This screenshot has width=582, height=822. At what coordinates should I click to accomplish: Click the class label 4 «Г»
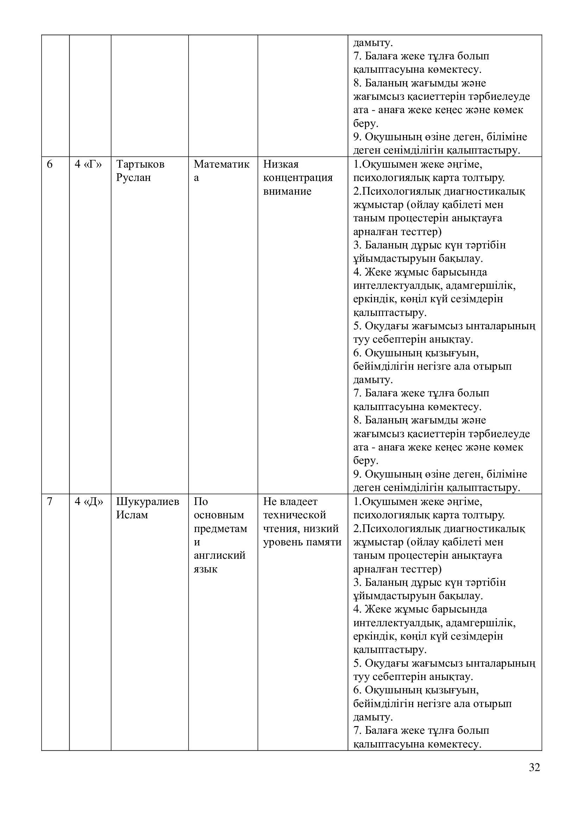(x=88, y=164)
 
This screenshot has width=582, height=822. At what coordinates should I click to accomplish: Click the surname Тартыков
(x=140, y=164)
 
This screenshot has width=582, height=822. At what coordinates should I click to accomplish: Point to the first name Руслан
(x=134, y=178)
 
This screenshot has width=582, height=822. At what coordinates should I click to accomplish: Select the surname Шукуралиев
(x=148, y=501)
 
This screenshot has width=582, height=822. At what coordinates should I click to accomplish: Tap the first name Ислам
(x=132, y=515)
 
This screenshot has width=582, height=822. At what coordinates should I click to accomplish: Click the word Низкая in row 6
(x=280, y=164)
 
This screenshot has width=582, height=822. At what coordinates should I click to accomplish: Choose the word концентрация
(x=298, y=178)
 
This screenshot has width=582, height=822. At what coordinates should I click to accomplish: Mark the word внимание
(x=287, y=191)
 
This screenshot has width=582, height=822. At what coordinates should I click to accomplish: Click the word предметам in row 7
(x=220, y=529)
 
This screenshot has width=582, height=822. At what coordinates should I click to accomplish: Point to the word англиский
(x=220, y=556)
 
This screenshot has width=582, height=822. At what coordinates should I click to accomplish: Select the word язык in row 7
(x=205, y=569)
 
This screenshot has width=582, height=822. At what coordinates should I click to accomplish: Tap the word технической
(x=295, y=515)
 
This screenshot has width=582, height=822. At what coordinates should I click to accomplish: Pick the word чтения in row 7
(x=280, y=529)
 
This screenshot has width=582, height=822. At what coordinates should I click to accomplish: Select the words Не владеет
(x=290, y=501)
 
